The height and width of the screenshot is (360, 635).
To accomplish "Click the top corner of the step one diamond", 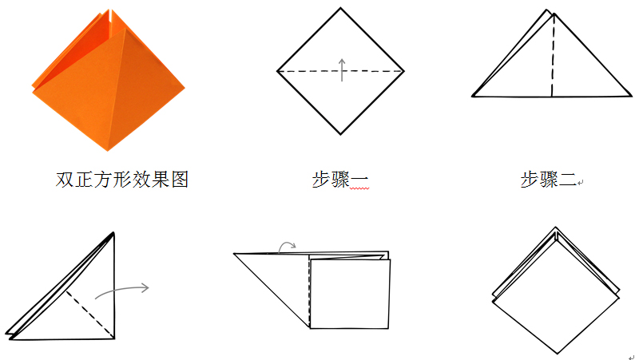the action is pyautogui.click(x=341, y=9).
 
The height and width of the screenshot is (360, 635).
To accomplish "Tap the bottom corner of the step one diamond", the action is pyautogui.click(x=341, y=134).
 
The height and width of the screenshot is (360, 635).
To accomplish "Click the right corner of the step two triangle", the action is pyautogui.click(x=631, y=96).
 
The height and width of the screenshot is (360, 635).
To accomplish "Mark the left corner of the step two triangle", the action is pyautogui.click(x=473, y=96).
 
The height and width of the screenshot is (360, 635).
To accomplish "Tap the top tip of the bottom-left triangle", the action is pyautogui.click(x=113, y=232).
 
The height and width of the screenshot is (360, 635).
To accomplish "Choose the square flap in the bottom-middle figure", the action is pyautogui.click(x=349, y=292).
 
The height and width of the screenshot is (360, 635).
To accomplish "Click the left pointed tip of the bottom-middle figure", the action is pyautogui.click(x=235, y=254).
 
